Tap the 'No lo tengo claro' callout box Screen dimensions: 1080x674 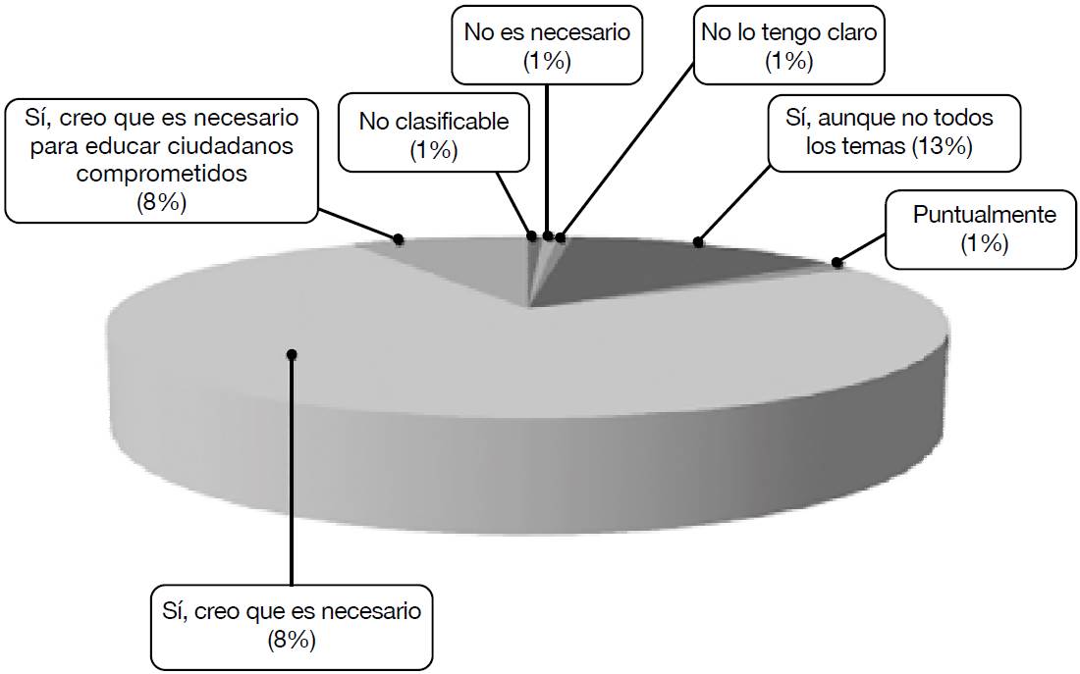(x=787, y=45)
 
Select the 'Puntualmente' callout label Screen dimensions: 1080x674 (x=985, y=228)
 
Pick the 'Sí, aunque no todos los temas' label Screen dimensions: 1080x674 (x=890, y=131)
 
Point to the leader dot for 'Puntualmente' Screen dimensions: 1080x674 (x=837, y=262)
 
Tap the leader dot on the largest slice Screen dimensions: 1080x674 (x=292, y=354)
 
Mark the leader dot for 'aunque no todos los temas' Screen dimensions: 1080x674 (x=699, y=241)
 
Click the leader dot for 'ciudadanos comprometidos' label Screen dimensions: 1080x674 (x=399, y=238)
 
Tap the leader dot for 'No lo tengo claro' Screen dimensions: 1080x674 (x=560, y=236)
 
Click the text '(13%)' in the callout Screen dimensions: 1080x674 (x=942, y=146)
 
